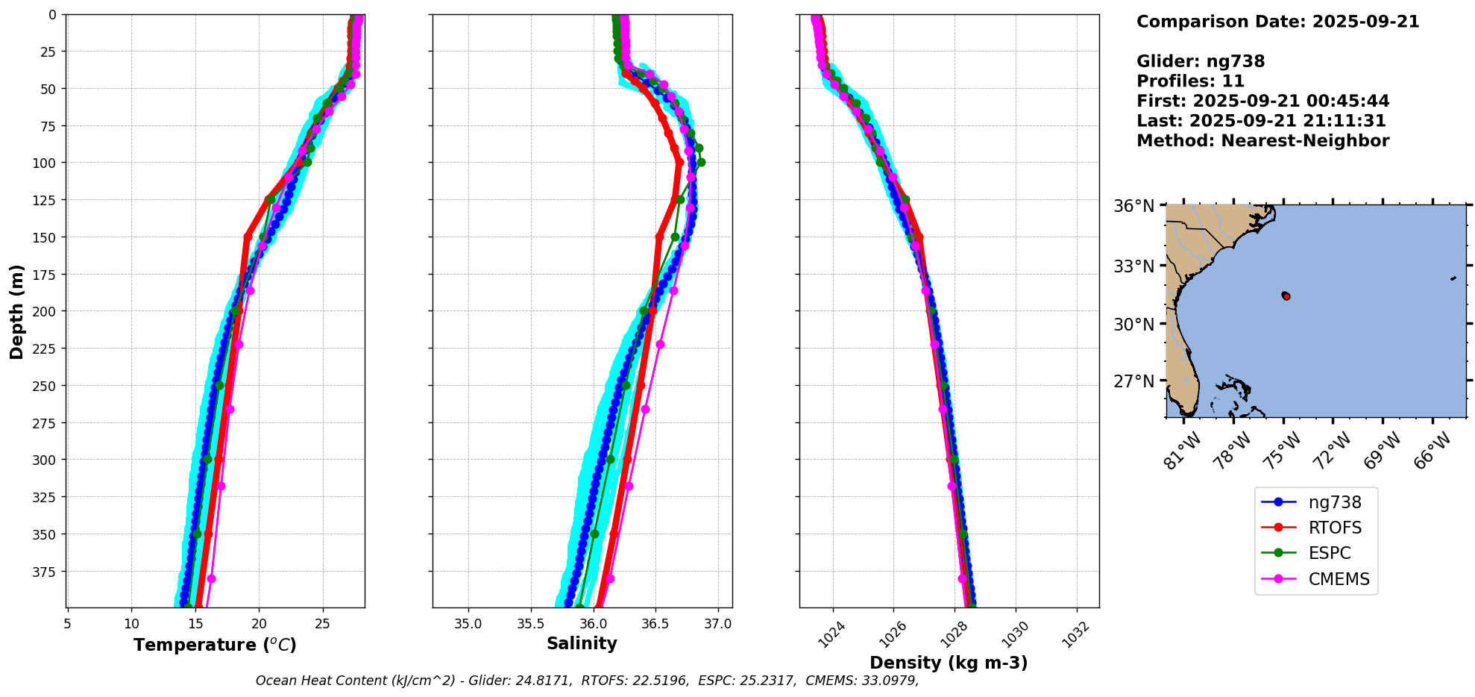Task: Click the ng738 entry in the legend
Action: (1334, 503)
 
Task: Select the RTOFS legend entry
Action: (1334, 528)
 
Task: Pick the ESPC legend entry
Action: (1329, 554)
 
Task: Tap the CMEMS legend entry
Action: (1339, 579)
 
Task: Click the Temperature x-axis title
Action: (215, 645)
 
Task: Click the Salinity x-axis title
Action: (582, 644)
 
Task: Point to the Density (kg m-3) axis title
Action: (949, 663)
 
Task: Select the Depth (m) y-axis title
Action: (17, 311)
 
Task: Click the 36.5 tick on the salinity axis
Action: (655, 624)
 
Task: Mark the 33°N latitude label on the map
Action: (1133, 266)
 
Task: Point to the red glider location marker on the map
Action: (1286, 296)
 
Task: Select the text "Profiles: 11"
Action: (1190, 81)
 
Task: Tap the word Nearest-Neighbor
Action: (1305, 141)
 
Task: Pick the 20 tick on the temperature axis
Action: (260, 624)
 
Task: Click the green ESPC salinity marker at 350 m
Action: (594, 534)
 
